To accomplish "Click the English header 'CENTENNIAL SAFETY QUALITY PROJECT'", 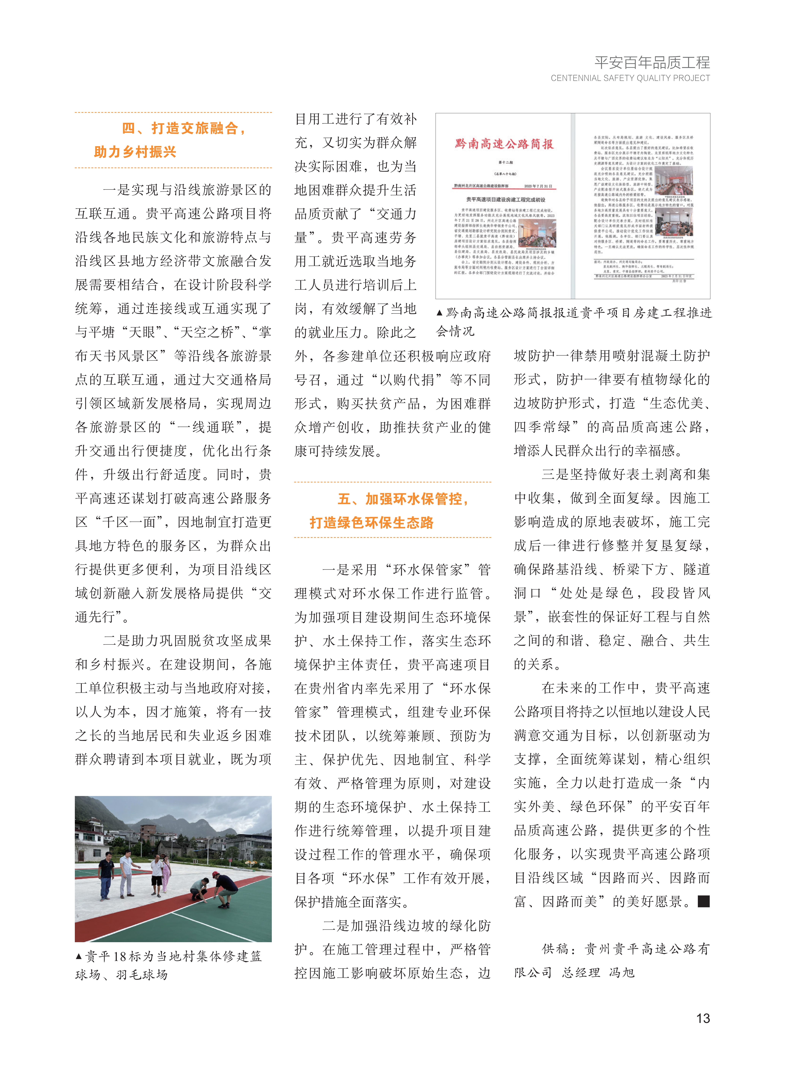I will [630, 78].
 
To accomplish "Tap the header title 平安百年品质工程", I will [652, 62].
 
